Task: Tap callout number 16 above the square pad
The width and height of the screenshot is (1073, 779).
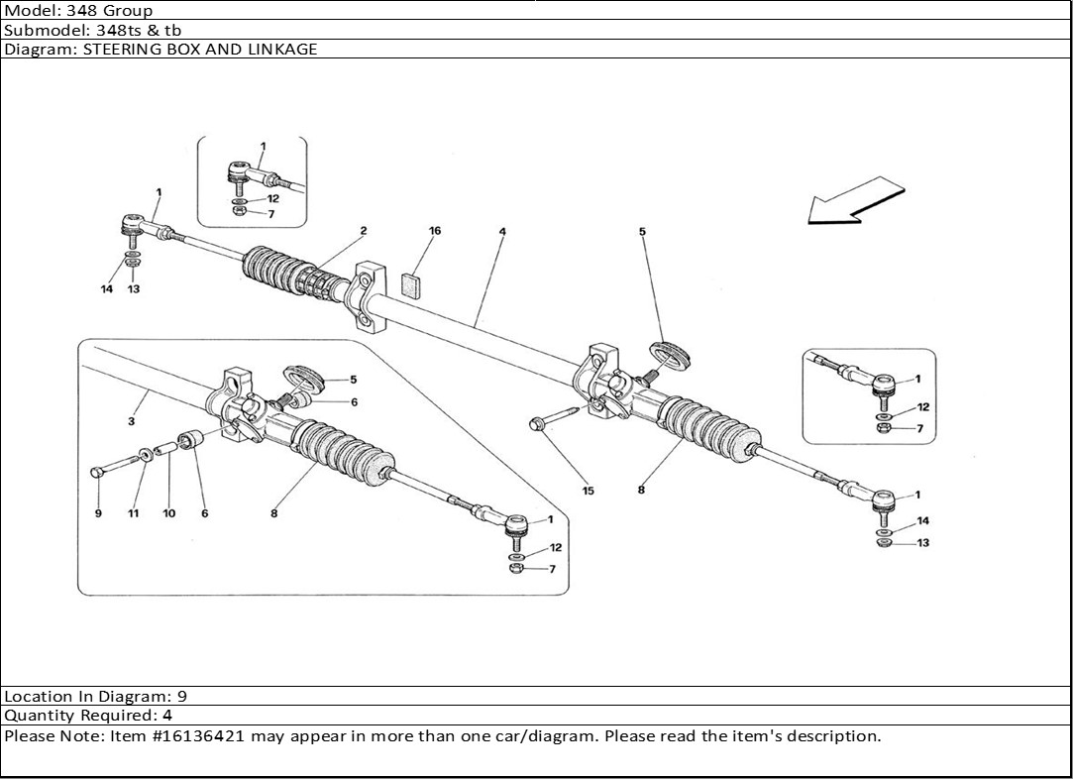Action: point(435,231)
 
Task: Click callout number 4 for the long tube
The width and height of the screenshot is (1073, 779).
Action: point(502,232)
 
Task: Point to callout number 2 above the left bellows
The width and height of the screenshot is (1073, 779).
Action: point(364,231)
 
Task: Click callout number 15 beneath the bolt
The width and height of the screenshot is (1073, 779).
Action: point(588,491)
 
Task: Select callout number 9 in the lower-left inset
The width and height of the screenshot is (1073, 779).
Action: point(98,513)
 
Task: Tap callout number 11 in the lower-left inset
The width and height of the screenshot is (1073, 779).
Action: point(134,513)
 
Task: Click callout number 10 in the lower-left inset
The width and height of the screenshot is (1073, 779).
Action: point(169,513)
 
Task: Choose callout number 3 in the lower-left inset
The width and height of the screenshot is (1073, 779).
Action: point(132,422)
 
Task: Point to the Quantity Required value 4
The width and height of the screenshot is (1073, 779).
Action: point(167,715)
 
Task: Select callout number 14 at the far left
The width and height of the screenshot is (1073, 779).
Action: point(107,289)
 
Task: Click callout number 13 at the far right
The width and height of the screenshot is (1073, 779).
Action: point(923,543)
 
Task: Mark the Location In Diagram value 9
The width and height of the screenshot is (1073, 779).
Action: point(182,696)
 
